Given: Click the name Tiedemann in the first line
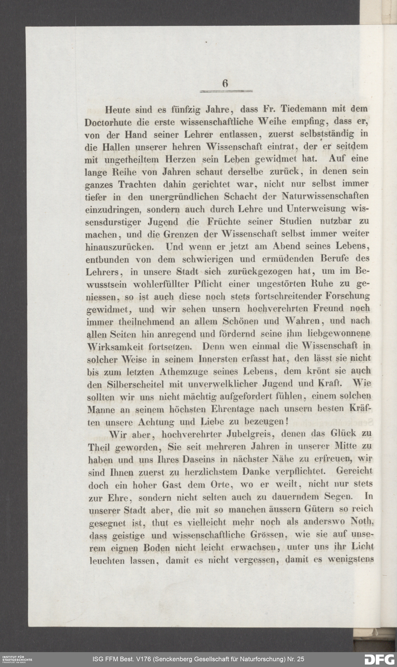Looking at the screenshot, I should click(x=304, y=109).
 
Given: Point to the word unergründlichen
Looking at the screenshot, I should click(x=184, y=197).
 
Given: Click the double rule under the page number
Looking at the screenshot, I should click(x=226, y=92).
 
